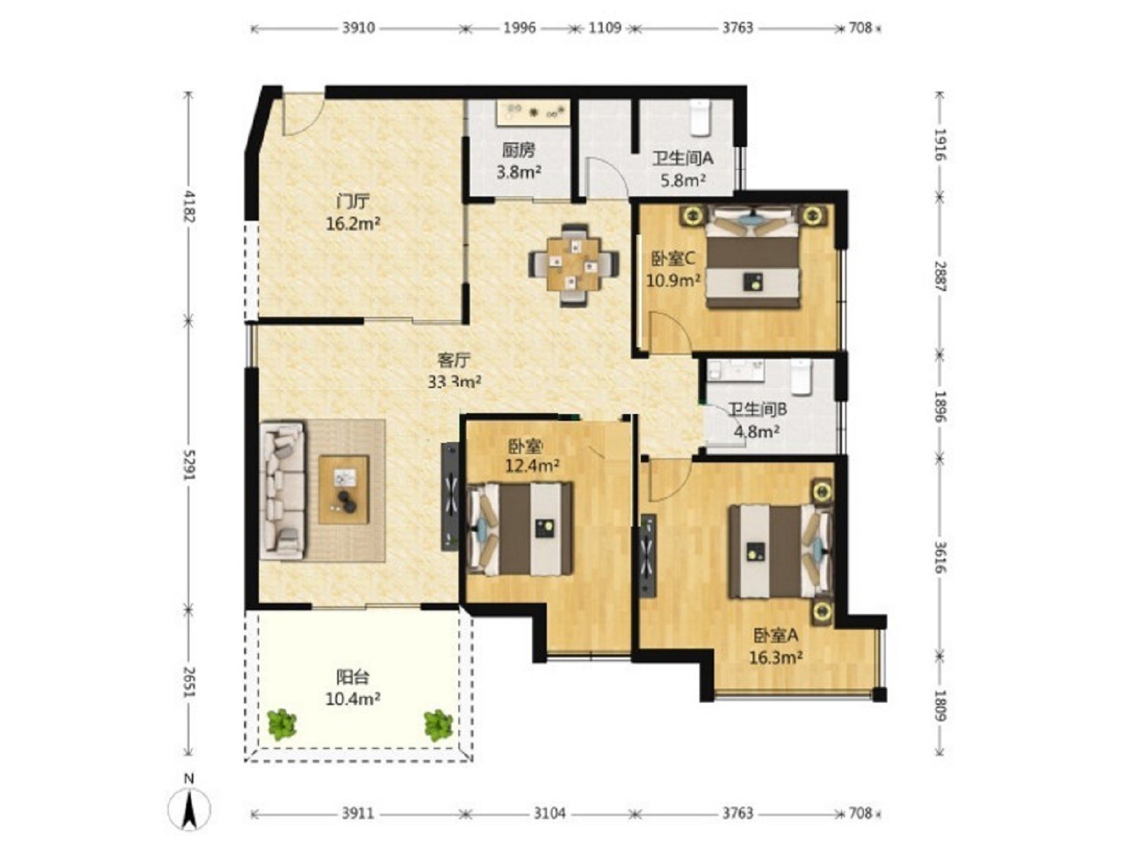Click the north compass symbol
pos(189,808)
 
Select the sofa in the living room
pos(282,490)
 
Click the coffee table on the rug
pos(343,489)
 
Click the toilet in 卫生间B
pos(800,377)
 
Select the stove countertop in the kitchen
pos(533,113)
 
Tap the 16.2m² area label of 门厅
pos(353,224)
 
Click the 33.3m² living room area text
pos(455,382)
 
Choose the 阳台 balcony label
pos(353,676)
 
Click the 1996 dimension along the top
pos(520,28)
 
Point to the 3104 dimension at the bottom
pos(549,814)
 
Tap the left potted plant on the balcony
pos(282,725)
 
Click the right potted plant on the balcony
pos(439,725)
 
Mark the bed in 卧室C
pos(753,257)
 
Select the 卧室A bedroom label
pos(775,635)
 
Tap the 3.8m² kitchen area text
pos(519,171)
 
